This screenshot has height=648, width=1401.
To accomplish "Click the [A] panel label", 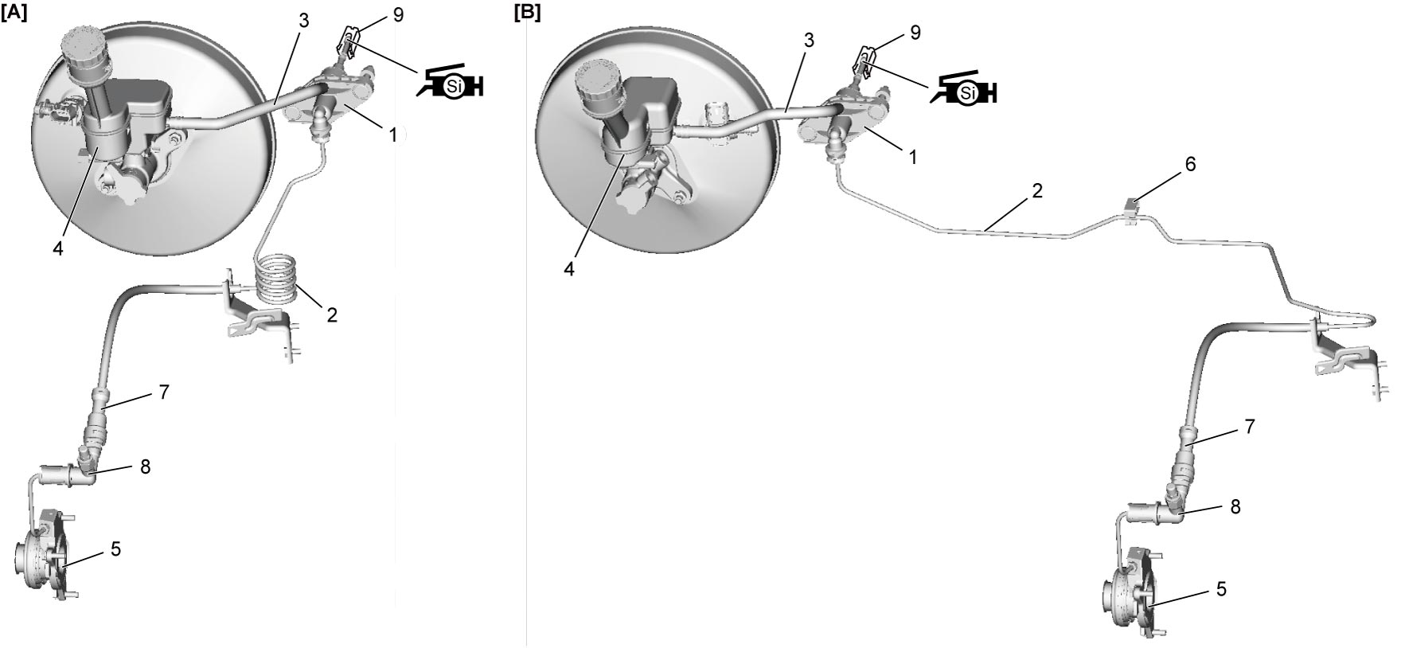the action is pos(14,13).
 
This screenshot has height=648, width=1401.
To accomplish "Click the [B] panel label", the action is pos(527,13).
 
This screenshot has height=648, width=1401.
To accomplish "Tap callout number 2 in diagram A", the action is pos(332,315).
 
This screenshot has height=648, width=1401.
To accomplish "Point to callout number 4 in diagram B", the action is pos(569,269).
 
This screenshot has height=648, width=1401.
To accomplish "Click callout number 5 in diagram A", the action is pos(115,549).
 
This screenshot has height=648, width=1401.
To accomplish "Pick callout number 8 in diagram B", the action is pos(1235,506).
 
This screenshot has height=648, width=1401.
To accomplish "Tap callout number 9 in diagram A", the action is pos(398,16).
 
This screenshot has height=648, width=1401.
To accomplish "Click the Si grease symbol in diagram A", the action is pos(451,82).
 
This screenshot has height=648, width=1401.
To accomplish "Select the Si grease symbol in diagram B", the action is pos(964,88).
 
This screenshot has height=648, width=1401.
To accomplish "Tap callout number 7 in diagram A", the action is pos(163,392).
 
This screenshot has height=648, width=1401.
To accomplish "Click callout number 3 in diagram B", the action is pos(809,41).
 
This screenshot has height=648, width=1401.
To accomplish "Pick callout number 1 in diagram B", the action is pos(913,158).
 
